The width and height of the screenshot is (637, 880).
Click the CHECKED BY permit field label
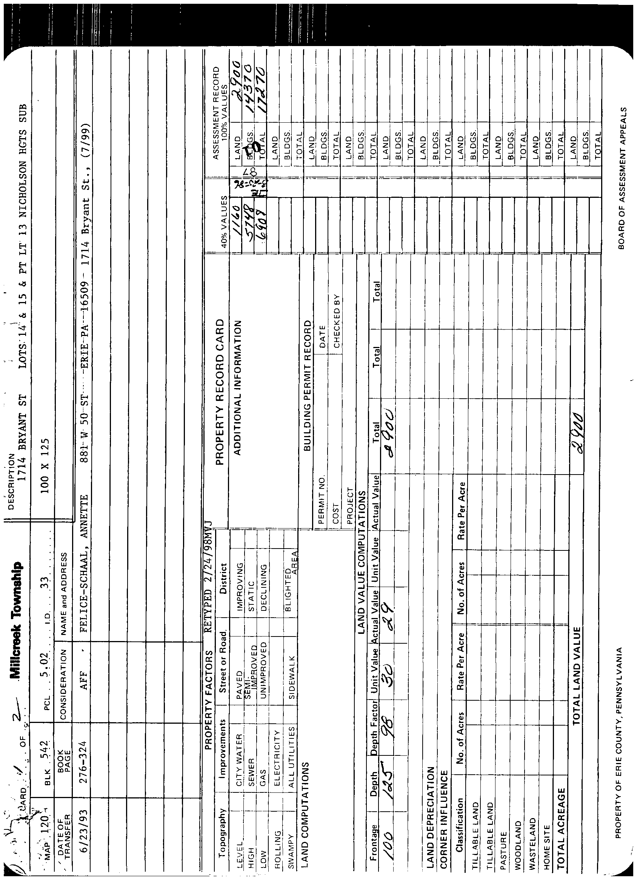[337, 322]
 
